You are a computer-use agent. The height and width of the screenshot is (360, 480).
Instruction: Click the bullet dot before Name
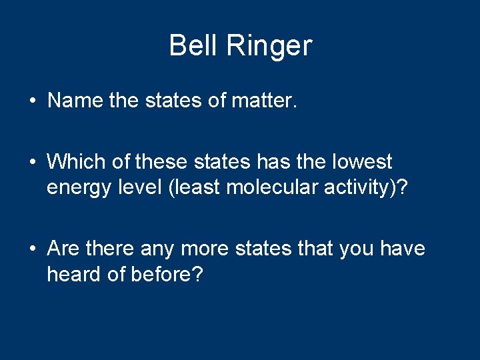click(x=32, y=101)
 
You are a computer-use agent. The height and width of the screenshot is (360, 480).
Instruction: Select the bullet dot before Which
click(x=32, y=162)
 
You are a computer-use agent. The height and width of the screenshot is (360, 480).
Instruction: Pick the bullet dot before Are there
click(x=32, y=249)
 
